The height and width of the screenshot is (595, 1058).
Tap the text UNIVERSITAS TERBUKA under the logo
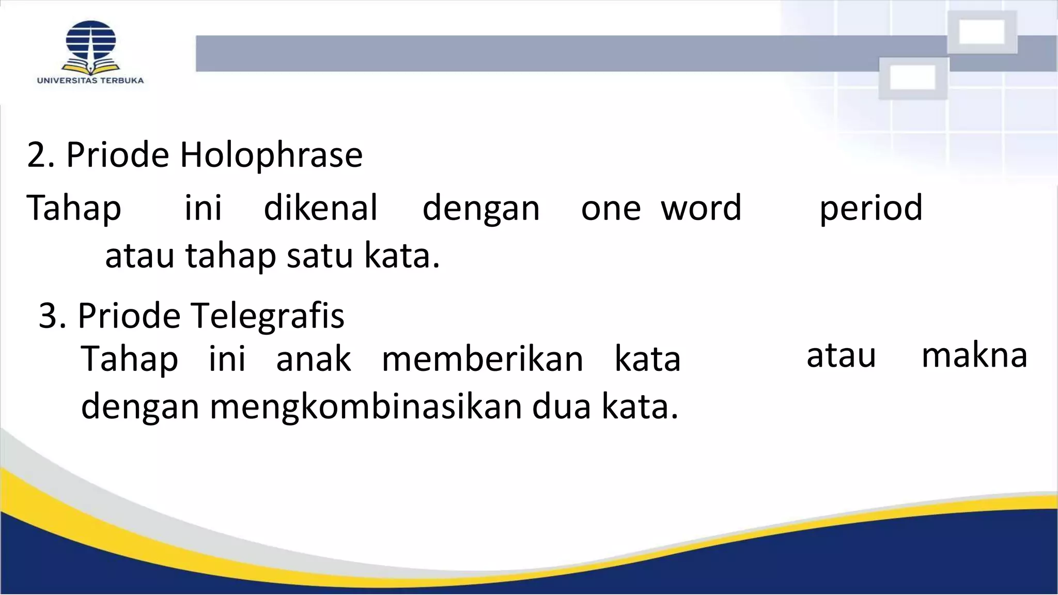coord(90,81)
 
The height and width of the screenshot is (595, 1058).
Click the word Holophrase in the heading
coord(271,154)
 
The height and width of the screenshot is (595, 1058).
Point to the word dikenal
coord(321,208)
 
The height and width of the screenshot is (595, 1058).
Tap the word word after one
coord(701,208)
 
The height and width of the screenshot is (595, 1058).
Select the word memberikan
coord(483,359)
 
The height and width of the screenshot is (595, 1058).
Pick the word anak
coord(314,359)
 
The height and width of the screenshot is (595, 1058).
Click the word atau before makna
coord(841,356)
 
